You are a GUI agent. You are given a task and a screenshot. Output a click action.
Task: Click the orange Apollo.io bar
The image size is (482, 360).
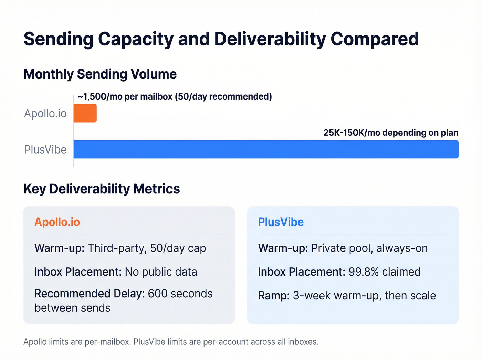point(85,113)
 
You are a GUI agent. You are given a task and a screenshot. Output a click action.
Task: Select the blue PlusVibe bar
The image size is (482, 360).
point(266,149)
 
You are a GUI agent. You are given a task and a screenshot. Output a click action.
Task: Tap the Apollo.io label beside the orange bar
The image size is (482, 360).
point(45,113)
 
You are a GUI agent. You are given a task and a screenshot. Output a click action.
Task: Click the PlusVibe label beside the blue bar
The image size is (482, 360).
point(45,150)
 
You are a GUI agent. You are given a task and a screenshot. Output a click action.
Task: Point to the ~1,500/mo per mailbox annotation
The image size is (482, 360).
point(175,96)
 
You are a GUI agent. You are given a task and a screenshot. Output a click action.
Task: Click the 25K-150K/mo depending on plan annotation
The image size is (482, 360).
point(390,133)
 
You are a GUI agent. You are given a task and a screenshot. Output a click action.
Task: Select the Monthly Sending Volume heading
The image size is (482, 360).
point(100,74)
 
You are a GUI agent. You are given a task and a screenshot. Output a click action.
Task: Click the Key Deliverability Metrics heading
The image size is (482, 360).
point(102,189)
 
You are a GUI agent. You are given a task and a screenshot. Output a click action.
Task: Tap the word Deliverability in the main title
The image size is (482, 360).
point(270,39)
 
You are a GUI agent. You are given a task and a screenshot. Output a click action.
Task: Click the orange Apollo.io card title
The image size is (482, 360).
point(57,222)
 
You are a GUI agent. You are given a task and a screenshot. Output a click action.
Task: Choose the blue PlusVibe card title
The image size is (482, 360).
point(281,222)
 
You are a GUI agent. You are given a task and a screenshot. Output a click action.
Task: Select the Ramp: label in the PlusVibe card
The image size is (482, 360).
point(274,296)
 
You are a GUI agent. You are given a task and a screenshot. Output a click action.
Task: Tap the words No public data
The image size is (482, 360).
point(161,272)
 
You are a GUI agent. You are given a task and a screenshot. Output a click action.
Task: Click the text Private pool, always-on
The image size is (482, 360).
point(369,248)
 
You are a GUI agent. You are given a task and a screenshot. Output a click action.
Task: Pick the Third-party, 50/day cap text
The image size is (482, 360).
point(147,248)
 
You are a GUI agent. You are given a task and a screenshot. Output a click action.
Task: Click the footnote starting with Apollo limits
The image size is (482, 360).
point(171,342)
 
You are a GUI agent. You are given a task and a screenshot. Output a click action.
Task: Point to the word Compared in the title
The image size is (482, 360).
point(374,39)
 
